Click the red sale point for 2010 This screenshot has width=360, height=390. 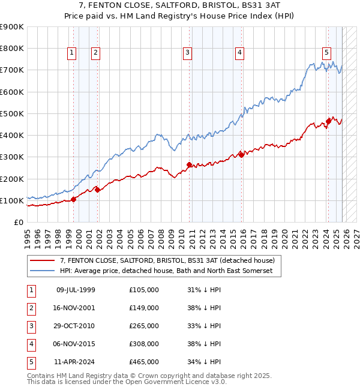189,164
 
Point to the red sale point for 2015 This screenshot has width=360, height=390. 240,155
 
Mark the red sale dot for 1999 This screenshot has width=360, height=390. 73,199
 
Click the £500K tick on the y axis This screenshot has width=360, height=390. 12,113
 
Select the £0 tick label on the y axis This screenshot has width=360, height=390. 18,222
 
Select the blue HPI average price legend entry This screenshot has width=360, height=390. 166,271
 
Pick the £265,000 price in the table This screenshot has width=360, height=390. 143,326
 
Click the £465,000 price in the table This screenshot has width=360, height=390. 143,362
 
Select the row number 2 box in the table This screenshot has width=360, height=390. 31,308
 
